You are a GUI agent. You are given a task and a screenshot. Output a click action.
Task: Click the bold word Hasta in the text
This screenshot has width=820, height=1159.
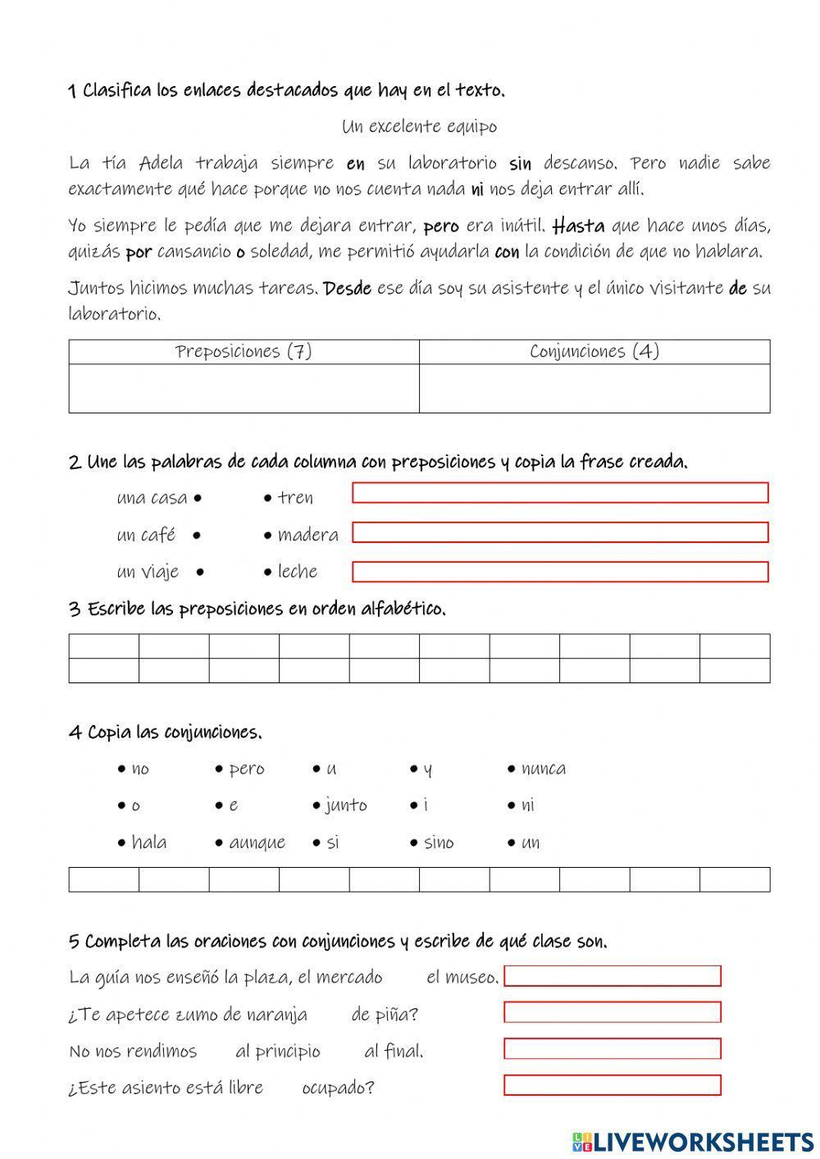579,226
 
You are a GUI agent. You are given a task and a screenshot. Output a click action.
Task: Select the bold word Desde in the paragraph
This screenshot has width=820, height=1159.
348,288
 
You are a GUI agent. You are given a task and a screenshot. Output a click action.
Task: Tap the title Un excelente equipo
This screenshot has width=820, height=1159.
419,126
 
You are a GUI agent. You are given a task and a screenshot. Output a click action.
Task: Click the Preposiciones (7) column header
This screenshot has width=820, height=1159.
244,352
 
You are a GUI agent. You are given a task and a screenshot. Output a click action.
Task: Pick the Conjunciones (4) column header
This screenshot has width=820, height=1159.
594,352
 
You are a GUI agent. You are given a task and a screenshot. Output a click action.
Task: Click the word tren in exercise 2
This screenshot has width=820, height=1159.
295,498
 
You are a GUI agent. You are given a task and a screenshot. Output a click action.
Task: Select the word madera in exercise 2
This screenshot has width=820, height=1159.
307,536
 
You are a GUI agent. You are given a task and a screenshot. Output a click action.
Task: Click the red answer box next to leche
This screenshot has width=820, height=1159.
560,572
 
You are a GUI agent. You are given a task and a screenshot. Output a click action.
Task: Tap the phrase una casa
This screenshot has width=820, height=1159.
152,498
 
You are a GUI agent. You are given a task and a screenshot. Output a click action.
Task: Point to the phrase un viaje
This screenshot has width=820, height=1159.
148,572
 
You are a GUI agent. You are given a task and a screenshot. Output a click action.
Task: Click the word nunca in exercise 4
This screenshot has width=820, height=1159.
543,769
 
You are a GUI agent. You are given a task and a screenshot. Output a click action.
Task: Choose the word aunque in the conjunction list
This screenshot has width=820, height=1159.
257,843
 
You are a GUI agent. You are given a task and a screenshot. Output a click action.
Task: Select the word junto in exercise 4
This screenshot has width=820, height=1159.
345,805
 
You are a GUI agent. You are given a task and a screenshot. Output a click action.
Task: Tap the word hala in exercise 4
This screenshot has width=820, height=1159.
148,843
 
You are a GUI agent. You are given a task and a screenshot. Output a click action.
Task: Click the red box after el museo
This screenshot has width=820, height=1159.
612,976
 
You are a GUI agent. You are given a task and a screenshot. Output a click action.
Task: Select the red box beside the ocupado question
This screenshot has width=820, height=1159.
612,1086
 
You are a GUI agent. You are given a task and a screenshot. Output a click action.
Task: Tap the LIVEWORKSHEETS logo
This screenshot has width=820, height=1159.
693,1141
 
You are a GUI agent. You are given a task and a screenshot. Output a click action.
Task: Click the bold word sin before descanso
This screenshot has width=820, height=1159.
520,163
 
